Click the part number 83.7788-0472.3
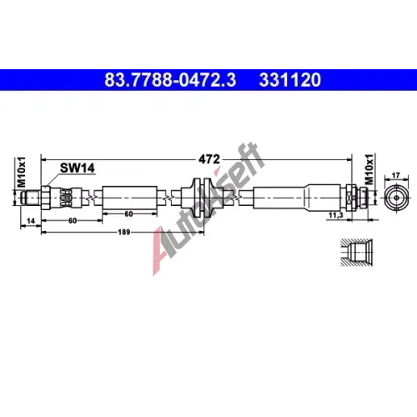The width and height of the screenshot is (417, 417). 170,79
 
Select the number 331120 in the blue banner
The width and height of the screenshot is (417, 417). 290,79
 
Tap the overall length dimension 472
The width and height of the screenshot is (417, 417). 209,159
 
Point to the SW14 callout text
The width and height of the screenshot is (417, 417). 78,168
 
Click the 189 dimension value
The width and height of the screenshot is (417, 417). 124,232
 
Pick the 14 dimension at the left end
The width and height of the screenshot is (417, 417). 31,221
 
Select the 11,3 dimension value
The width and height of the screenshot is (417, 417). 336,215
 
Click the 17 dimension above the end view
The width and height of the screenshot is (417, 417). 395,175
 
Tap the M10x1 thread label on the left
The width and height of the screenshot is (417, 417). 22,172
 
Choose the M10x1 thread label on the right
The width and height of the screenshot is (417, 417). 369,168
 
